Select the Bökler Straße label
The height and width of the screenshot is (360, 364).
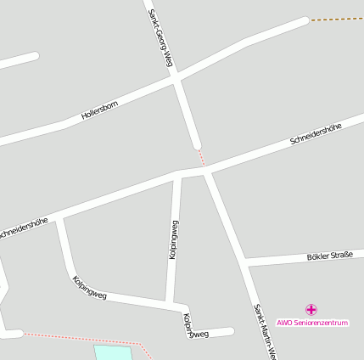[x=329, y=256]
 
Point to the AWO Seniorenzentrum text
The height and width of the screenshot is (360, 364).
[x=312, y=323]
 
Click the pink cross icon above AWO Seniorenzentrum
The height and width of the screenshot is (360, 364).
[x=311, y=310]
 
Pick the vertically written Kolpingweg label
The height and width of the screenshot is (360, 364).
[x=173, y=239]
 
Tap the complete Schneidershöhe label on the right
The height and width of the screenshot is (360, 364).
[x=315, y=133]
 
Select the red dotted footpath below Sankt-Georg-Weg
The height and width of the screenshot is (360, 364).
[x=201, y=157]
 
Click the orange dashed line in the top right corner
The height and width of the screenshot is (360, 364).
[x=337, y=19]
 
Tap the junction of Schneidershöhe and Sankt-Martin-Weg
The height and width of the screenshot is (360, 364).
[x=207, y=171]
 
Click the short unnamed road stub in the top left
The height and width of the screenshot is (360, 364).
[x=18, y=61]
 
